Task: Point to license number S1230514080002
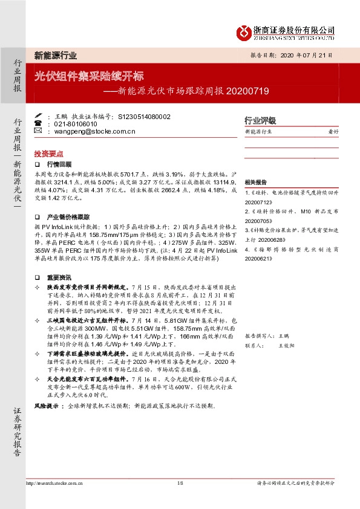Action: [144, 116]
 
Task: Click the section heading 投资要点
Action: [48, 154]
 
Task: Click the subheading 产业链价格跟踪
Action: [68, 216]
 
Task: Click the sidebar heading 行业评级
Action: [260, 120]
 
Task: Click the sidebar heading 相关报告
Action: [256, 182]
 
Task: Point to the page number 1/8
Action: [180, 484]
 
